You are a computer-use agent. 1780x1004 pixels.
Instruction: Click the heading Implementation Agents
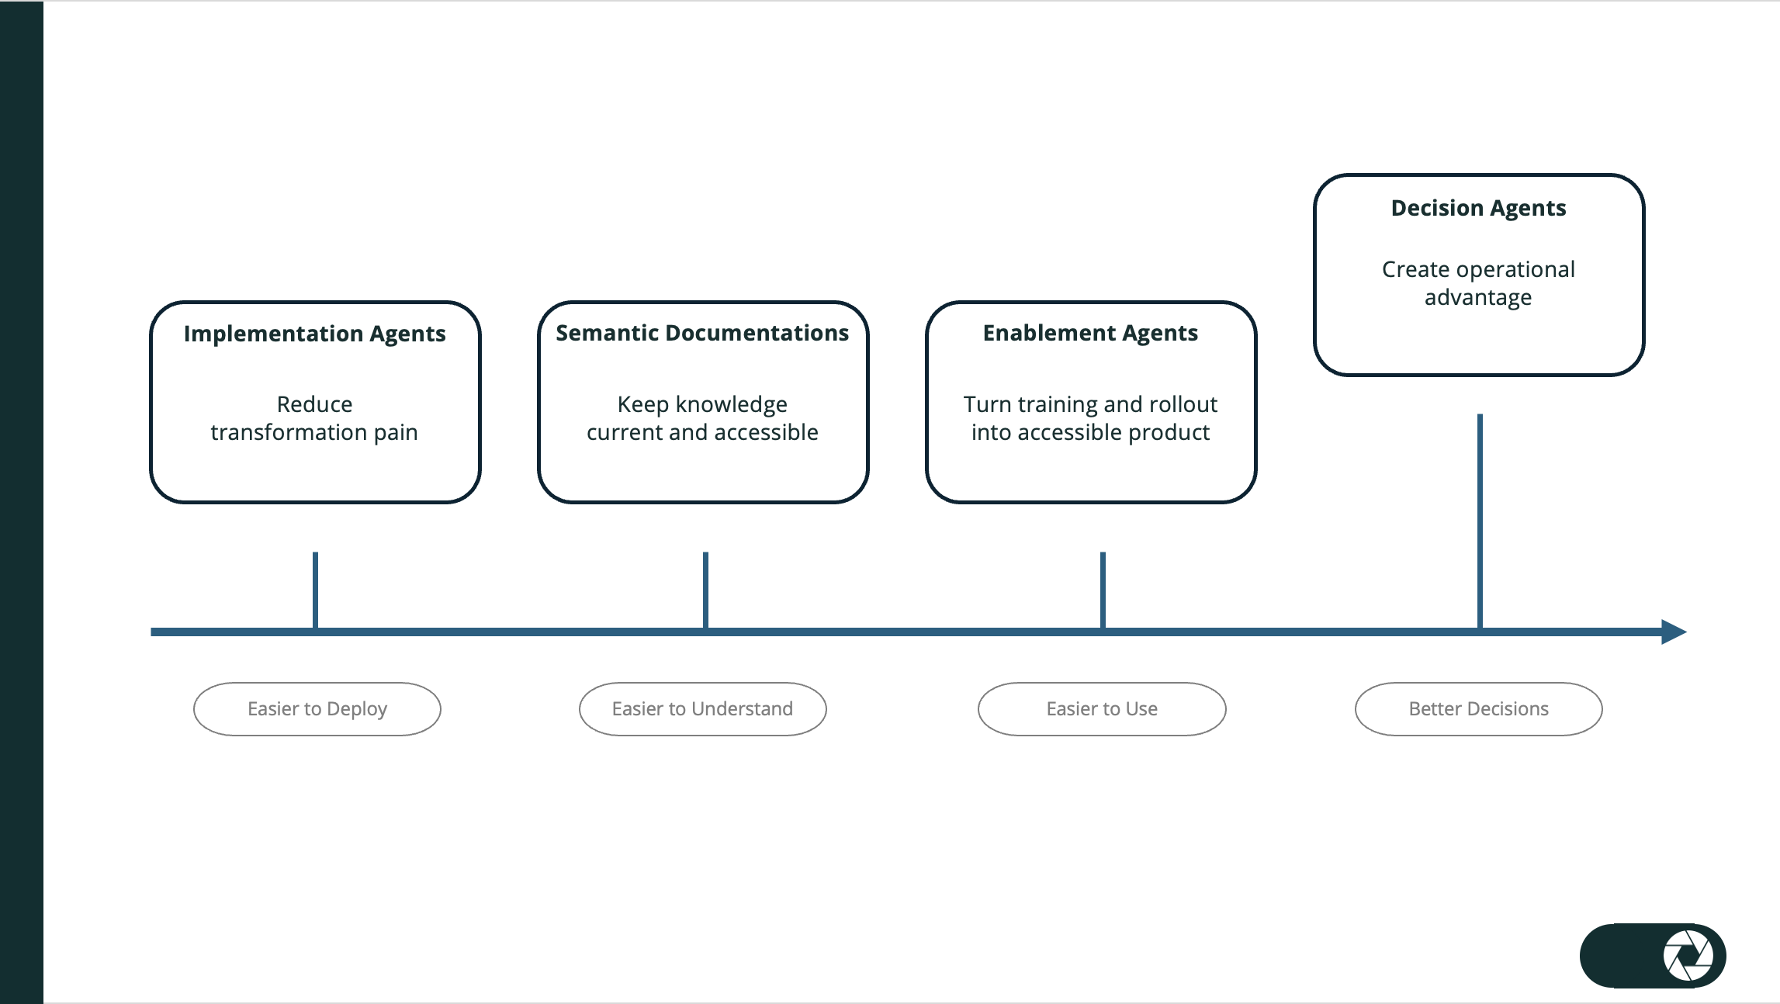point(314,334)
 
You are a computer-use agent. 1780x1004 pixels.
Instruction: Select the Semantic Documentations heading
point(702,333)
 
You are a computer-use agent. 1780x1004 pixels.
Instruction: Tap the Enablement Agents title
point(1090,333)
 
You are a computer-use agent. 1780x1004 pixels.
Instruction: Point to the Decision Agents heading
point(1478,208)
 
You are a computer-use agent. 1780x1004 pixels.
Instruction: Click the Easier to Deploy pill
point(317,708)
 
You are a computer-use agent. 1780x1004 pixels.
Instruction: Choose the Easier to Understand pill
point(702,708)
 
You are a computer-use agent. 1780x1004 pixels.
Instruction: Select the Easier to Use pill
point(1101,708)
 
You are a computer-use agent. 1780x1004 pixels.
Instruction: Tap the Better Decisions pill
point(1478,708)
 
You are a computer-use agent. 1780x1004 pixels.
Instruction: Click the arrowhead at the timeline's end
point(1674,632)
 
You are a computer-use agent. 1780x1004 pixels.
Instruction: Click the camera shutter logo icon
point(1688,955)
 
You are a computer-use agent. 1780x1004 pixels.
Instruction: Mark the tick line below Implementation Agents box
point(315,589)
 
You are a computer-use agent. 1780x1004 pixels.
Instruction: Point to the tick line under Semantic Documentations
point(705,589)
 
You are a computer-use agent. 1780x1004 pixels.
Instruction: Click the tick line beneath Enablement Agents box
point(1103,589)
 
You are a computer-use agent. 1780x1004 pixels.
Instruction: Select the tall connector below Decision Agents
point(1480,520)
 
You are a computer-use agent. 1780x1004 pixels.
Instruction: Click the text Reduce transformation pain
point(314,418)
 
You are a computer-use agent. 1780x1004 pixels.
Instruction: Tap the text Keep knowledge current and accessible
point(702,418)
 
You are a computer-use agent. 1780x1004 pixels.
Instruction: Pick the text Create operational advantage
point(1478,283)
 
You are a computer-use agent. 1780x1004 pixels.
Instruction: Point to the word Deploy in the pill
point(357,709)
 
